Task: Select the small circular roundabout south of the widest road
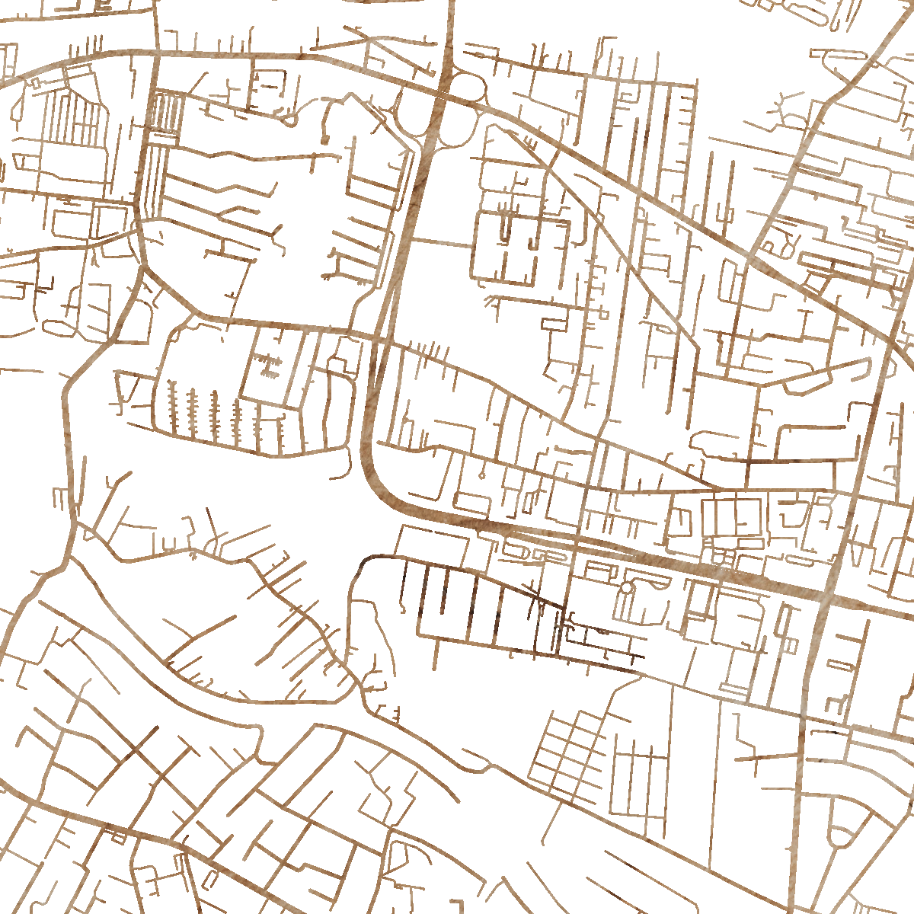627,588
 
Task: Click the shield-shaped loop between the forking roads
842,826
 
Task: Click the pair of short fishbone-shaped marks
267,366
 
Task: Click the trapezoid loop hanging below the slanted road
807,381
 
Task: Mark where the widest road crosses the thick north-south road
826,598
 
